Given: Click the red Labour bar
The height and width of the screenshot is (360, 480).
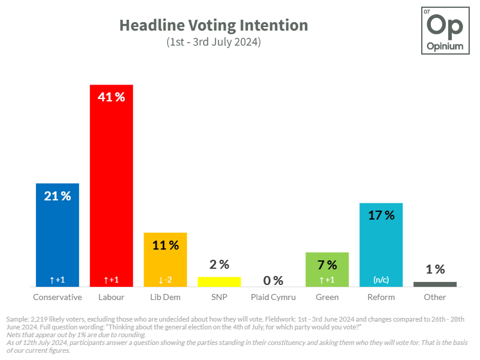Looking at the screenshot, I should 111,186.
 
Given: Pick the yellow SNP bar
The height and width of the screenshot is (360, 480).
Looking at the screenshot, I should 219,281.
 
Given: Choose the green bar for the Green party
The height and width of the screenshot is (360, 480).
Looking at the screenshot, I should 327,269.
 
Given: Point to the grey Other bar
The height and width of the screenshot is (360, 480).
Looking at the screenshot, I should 435,284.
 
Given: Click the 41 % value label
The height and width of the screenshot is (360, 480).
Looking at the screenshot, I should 111,97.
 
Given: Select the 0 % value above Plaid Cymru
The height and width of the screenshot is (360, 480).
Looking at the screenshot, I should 273,280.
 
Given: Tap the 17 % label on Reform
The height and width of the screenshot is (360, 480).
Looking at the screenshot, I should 381,215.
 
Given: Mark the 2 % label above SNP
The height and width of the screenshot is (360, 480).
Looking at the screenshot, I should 219,264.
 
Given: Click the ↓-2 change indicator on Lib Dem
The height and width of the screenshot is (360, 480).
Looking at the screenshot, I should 165,280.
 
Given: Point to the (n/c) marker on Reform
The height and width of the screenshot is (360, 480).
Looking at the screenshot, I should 381,280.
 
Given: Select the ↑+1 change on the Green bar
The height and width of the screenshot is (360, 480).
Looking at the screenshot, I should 327,280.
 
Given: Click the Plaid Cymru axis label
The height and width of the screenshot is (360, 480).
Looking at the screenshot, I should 273,297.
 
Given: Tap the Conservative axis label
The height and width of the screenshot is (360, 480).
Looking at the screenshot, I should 58,297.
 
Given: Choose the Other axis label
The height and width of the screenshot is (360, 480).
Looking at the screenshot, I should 435,297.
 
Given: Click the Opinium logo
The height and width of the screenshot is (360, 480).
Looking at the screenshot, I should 444,31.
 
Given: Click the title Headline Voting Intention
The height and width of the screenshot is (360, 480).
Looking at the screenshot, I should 213,25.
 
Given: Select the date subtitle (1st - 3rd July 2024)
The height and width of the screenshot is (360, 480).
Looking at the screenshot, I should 213,43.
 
